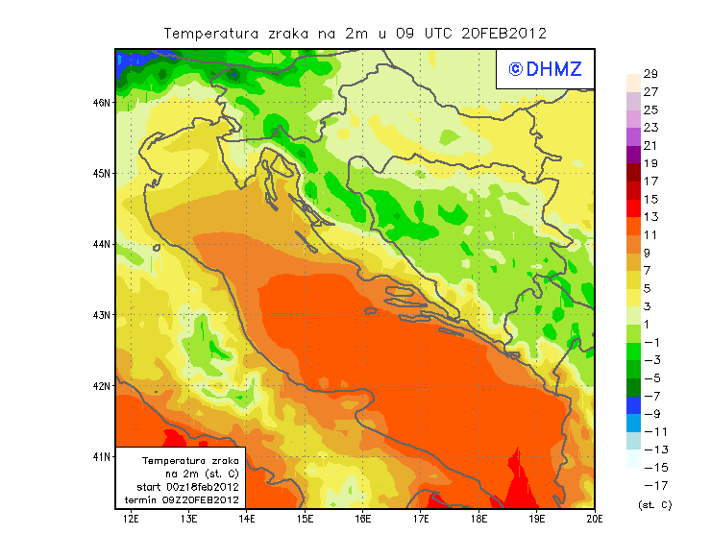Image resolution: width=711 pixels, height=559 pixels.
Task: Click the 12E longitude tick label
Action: tap(131, 519)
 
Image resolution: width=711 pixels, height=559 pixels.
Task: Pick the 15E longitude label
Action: tap(306, 519)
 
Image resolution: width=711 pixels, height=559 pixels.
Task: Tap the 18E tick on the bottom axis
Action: tap(479, 519)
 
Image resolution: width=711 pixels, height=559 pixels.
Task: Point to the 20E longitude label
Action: tap(595, 519)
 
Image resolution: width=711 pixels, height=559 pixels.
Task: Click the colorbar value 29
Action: tap(650, 74)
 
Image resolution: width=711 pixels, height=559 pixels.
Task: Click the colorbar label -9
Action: tap(650, 413)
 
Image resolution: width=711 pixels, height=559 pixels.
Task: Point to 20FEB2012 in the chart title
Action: tap(505, 33)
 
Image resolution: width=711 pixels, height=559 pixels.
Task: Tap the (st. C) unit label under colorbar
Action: tap(654, 504)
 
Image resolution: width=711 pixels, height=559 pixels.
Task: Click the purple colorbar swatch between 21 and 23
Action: tap(632, 136)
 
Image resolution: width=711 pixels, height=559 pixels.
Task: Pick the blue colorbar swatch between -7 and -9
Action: tap(632, 404)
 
